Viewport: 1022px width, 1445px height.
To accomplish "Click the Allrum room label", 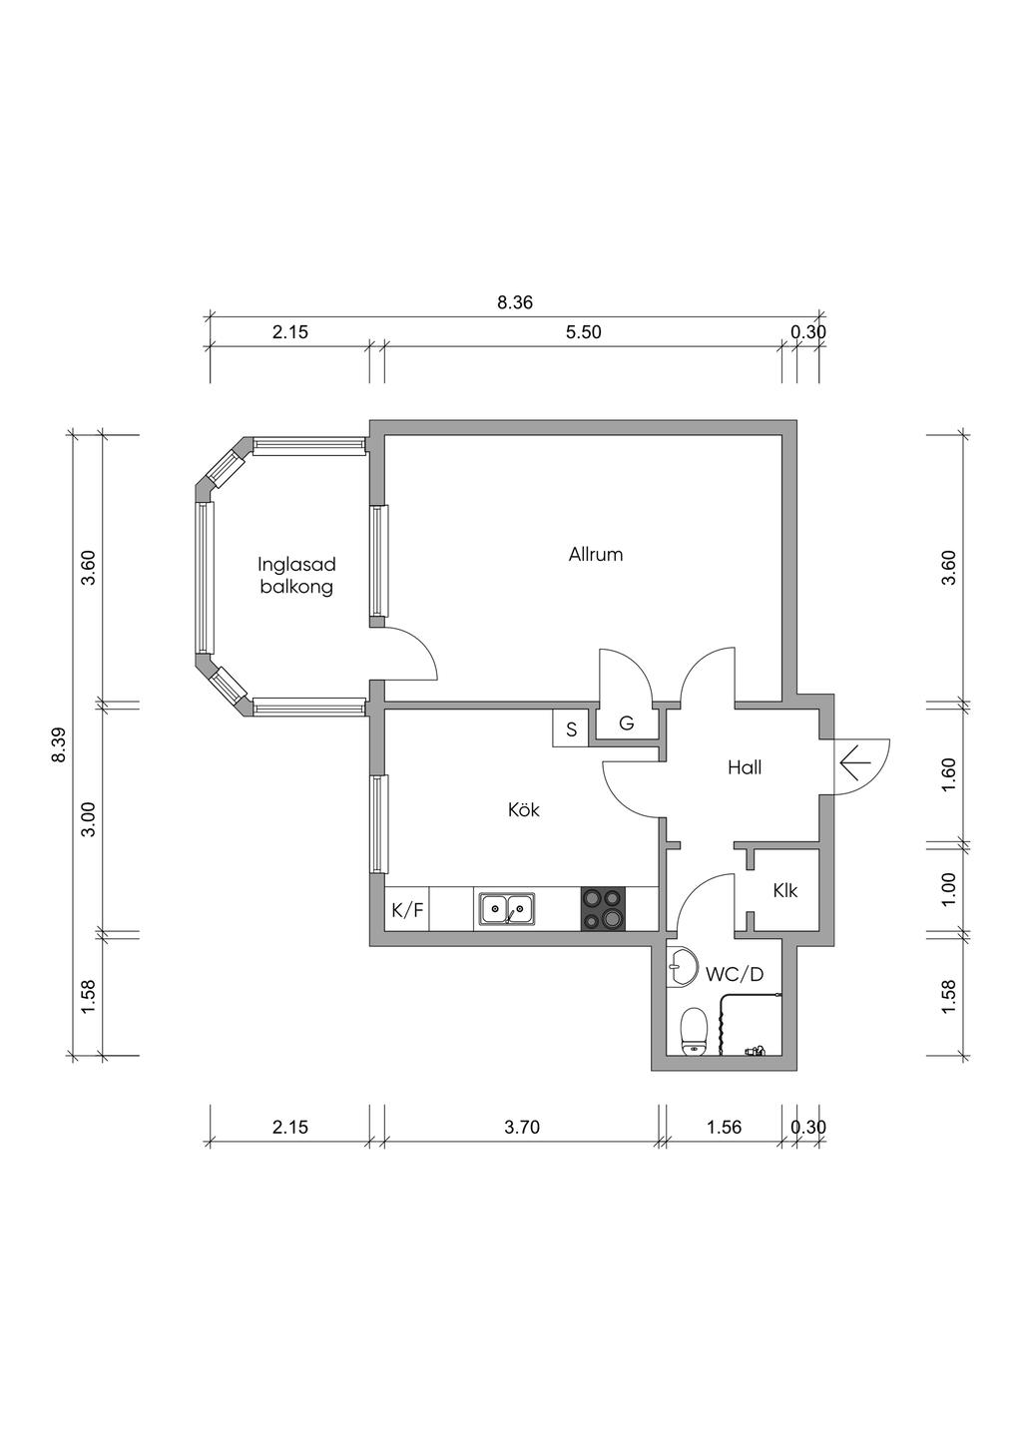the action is [596, 555].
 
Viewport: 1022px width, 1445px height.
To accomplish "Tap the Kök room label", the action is [523, 809].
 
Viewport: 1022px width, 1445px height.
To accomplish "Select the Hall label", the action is [745, 767].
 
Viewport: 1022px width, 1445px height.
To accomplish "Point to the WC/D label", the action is [735, 974].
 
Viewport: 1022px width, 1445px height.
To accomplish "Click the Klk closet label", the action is [785, 891].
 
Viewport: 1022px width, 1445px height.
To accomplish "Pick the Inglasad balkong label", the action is [296, 576].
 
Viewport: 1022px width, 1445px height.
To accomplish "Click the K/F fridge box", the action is [407, 909].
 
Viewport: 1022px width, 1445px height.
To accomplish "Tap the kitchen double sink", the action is [507, 908].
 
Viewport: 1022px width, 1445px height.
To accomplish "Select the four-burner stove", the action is [603, 909].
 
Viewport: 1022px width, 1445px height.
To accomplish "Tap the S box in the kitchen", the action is [571, 728].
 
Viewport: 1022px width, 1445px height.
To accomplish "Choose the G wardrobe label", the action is [627, 723].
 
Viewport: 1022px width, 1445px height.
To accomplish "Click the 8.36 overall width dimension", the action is [515, 302].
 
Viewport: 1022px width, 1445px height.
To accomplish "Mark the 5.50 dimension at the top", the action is [583, 331].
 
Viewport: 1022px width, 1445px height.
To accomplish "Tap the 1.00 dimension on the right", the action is [947, 889].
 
